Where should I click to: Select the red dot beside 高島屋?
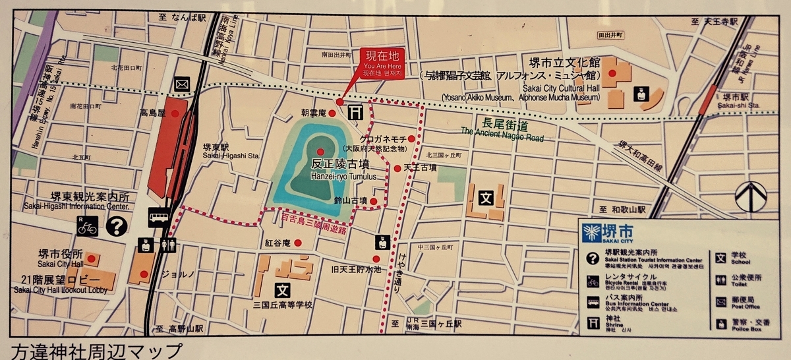pos(175,113)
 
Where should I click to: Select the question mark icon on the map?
pos(117,226)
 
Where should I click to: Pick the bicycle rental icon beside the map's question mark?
pos(88,226)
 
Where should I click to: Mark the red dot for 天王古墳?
pos(397,168)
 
